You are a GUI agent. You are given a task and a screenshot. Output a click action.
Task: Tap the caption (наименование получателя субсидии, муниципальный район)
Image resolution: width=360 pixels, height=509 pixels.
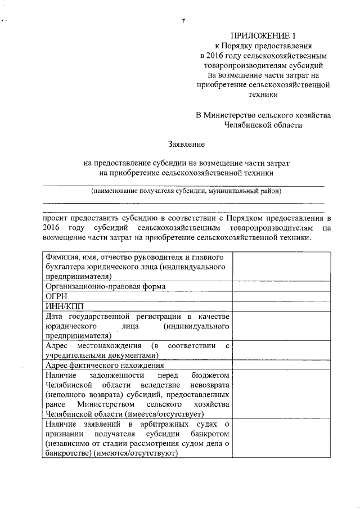[x=186, y=191]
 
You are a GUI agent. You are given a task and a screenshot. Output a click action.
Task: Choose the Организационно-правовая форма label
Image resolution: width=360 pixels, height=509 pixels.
[x=106, y=286]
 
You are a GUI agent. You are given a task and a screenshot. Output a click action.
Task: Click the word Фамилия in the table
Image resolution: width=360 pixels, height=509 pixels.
[x=63, y=257]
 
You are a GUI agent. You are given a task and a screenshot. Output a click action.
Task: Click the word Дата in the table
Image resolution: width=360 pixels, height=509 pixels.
[x=56, y=316]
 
